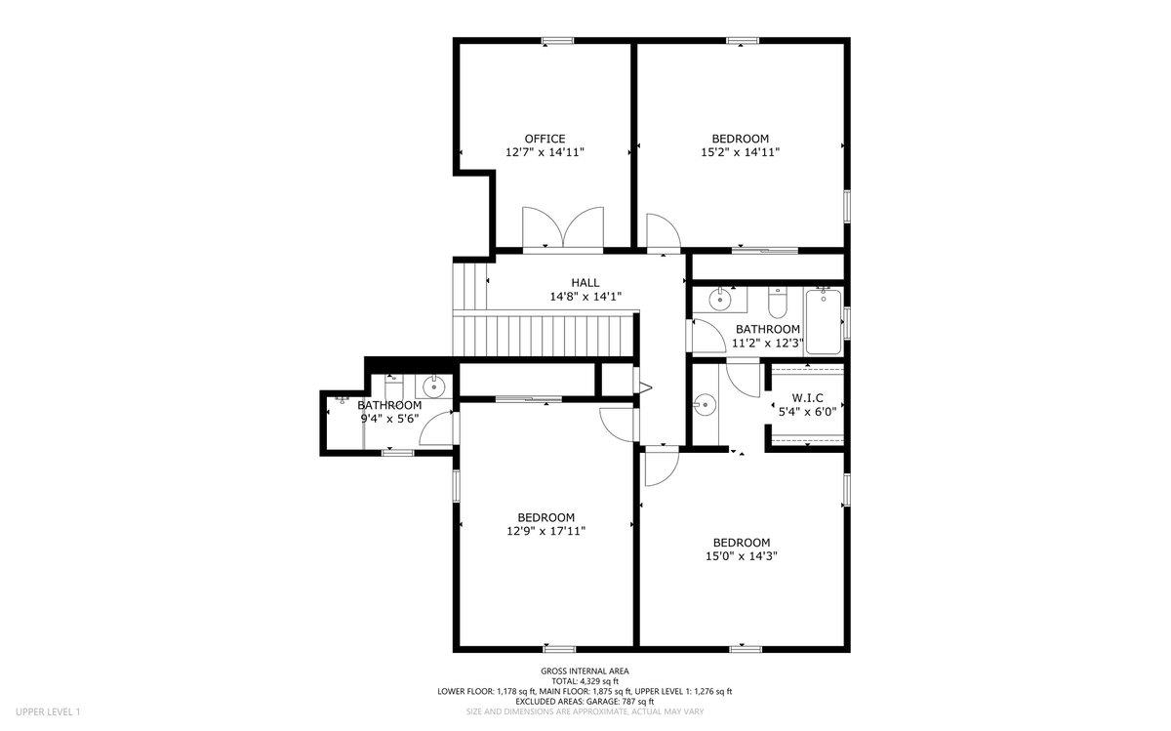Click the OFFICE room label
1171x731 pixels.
[545, 139]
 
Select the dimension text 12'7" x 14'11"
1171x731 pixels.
[545, 152]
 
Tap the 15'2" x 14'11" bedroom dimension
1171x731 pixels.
[740, 152]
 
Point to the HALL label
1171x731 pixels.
[585, 283]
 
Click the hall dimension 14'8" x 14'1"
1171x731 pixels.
[585, 297]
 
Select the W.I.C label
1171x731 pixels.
[807, 398]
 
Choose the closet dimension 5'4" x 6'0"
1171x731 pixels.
[807, 412]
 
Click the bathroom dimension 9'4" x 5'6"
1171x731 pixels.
[388, 419]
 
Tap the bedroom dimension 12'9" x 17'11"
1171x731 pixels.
[545, 531]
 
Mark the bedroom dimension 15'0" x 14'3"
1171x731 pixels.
[741, 556]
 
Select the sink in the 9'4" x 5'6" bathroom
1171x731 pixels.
[436, 386]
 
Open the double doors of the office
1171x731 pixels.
[563, 230]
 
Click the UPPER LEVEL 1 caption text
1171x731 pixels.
[48, 712]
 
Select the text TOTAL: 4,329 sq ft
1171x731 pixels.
[585, 681]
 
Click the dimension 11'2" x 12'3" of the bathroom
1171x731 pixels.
[767, 344]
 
